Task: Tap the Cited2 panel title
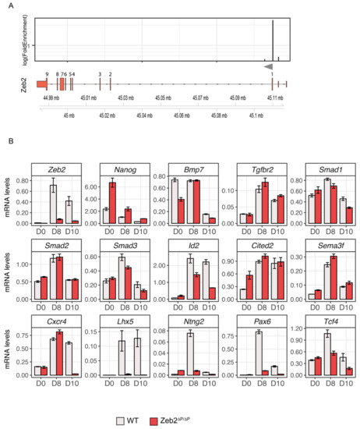coord(256,244)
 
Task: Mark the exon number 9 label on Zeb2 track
coord(47,73)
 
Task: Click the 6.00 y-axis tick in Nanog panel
coord(94,187)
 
